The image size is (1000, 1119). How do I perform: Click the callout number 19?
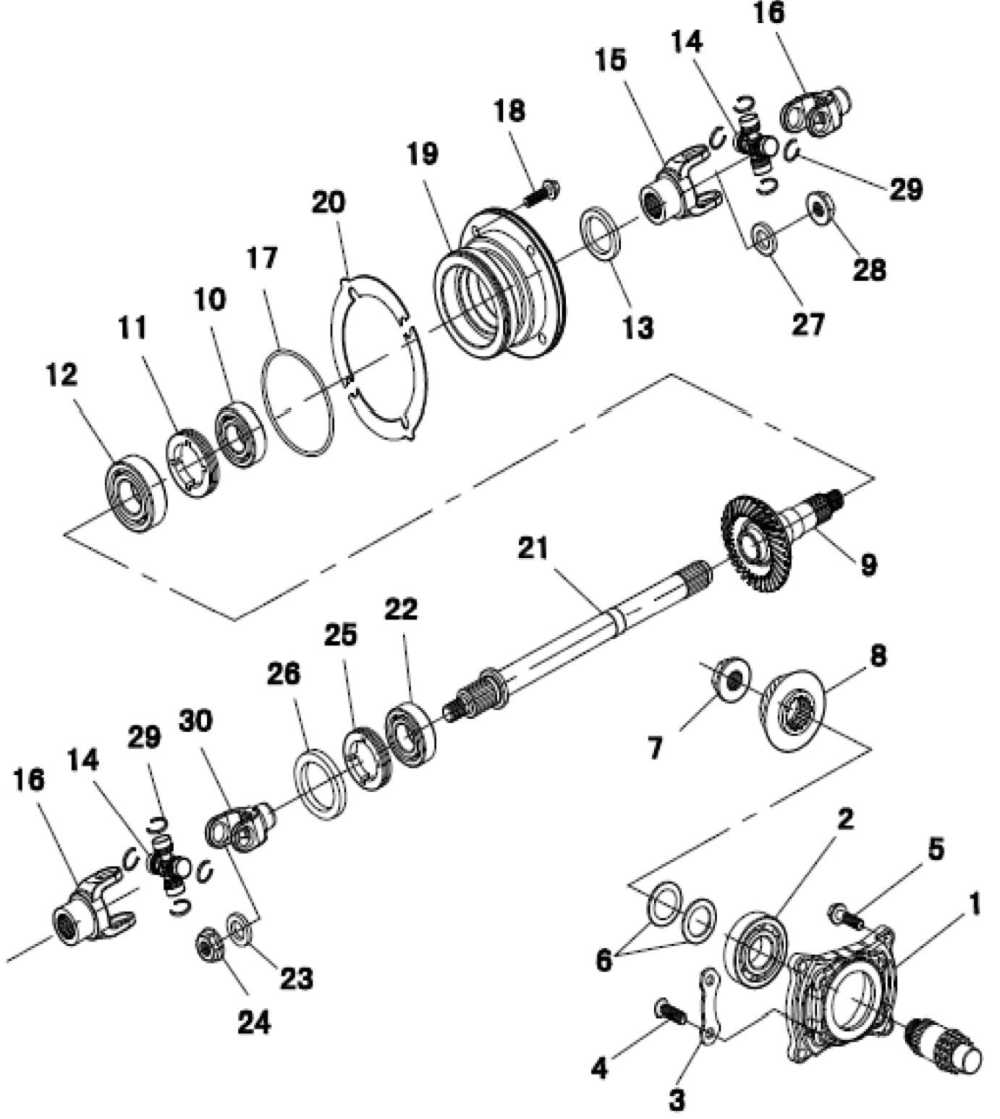coord(422,154)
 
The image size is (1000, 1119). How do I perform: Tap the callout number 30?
coord(195,722)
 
